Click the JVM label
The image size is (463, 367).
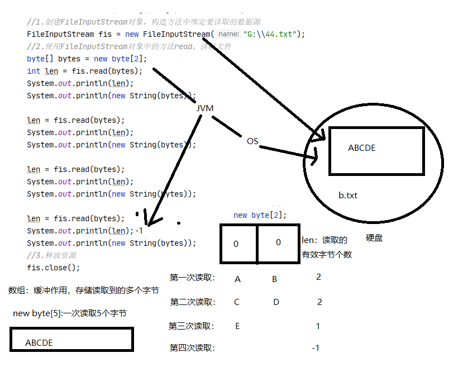coord(205,108)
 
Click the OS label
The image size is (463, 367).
coord(252,141)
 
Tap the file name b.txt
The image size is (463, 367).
coord(348,196)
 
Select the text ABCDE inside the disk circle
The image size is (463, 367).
coord(361,148)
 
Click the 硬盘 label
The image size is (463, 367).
coord(374,238)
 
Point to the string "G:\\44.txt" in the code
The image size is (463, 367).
coord(274,34)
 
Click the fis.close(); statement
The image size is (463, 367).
coord(54,267)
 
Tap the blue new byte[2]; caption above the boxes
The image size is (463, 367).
coord(260,215)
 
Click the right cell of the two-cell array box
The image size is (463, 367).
coord(278,243)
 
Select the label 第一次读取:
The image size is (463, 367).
coord(192,278)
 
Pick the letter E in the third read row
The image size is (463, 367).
coord(237,326)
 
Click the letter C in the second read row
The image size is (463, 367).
coord(237,302)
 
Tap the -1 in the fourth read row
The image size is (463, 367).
coord(316,348)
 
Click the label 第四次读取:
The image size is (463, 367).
coord(192,348)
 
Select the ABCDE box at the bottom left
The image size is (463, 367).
coord(71,340)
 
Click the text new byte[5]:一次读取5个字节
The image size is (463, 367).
coord(70,313)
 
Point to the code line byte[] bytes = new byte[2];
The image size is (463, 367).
coord(87,59)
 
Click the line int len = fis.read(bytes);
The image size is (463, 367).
coord(85,71)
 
